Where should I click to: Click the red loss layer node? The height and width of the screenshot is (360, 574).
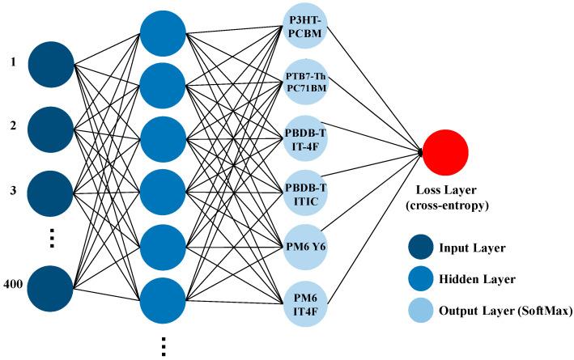tap(444, 152)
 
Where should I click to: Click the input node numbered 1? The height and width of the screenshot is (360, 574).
tap(51, 61)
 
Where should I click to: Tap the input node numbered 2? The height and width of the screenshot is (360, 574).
tap(51, 127)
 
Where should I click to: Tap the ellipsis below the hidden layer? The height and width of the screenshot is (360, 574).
tap(164, 345)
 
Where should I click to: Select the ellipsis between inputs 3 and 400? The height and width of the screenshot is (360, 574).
tap(51, 239)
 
